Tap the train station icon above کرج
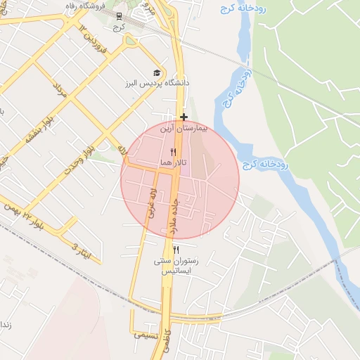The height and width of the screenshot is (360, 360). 120,15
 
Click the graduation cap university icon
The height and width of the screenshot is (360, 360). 156,72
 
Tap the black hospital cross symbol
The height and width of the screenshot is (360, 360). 184,117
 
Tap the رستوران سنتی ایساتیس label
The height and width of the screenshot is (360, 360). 176,265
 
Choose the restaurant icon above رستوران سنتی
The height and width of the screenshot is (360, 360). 176,250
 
